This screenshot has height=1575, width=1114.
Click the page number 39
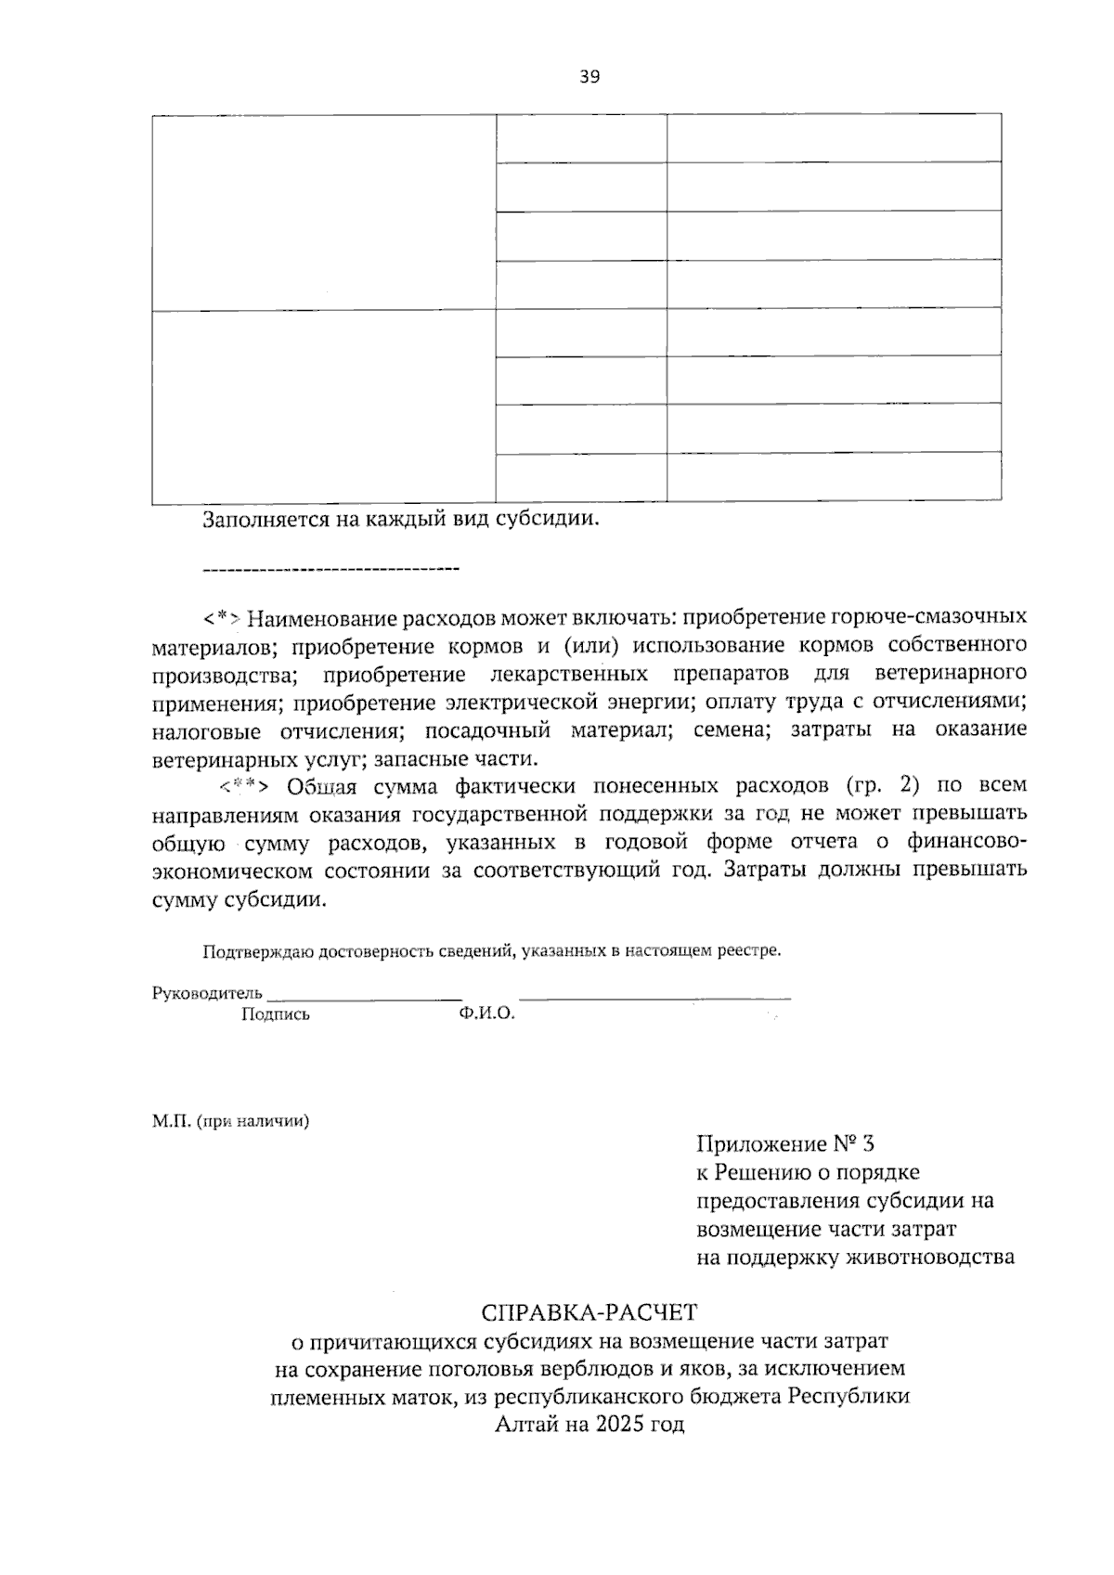pyautogui.click(x=589, y=77)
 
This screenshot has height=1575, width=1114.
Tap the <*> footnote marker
pyautogui.click(x=224, y=617)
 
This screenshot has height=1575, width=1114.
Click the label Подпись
pyautogui.click(x=275, y=1014)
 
